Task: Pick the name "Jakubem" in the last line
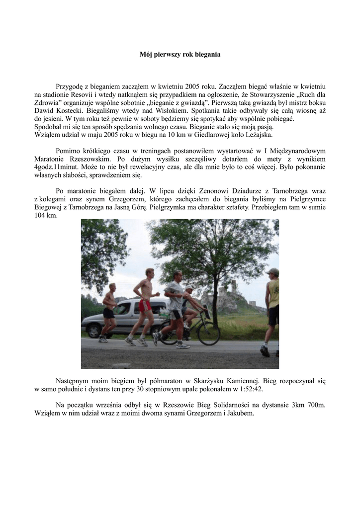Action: click(241, 413)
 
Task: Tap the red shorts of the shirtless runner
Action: click(145, 305)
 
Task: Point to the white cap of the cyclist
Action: click(189, 287)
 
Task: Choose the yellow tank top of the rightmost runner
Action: click(273, 294)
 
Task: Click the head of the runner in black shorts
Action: click(112, 287)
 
